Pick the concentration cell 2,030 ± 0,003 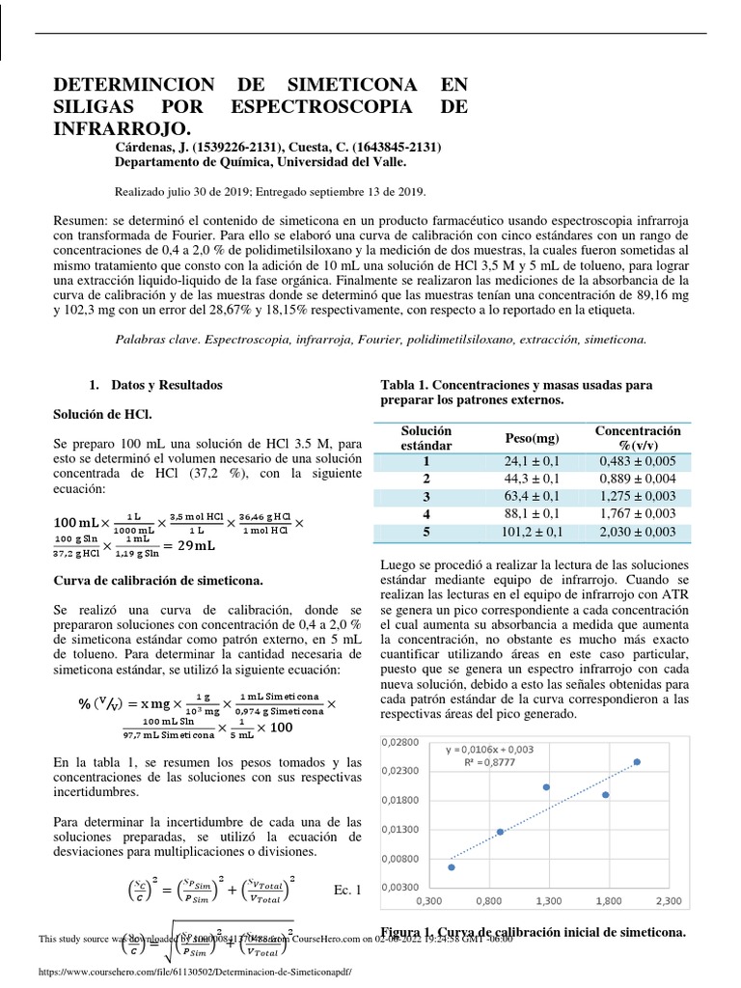tap(637, 531)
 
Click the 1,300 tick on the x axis tap(548, 901)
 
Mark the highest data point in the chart tap(637, 762)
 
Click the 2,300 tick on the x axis tap(669, 901)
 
